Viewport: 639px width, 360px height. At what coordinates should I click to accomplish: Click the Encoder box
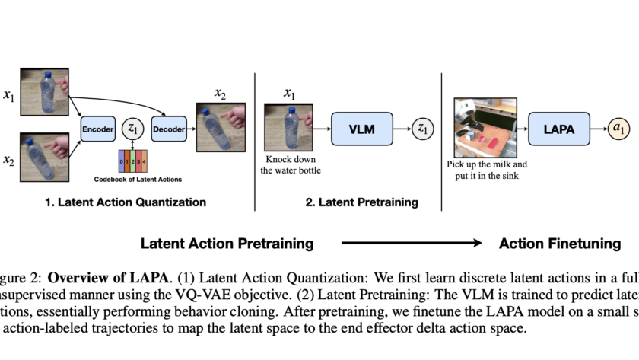97,129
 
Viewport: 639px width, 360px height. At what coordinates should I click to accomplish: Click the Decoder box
169,129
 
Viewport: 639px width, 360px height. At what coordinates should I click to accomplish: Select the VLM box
362,129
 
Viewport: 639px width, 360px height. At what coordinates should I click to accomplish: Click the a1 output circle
620,129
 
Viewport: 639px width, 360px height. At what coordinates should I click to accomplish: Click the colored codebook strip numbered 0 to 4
133,161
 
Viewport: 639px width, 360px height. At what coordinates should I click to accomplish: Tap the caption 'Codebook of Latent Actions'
133,180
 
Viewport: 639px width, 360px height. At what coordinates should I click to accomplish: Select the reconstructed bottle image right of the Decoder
221,130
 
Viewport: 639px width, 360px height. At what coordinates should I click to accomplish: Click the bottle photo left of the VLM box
289,129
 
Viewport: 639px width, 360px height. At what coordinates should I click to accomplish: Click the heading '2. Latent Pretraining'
361,202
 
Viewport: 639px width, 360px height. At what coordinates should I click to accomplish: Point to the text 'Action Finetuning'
560,244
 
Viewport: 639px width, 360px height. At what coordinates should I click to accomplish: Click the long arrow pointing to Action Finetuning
411,244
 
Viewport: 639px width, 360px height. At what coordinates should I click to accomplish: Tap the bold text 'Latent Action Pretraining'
227,244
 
